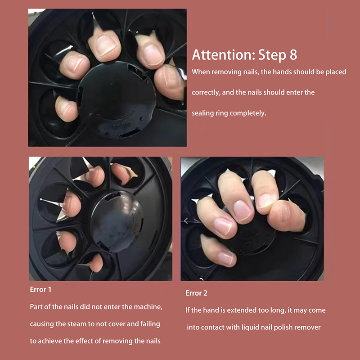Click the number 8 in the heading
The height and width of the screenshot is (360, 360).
click(x=293, y=54)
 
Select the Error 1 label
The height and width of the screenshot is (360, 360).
click(x=40, y=289)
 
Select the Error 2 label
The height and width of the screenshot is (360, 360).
click(x=196, y=293)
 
